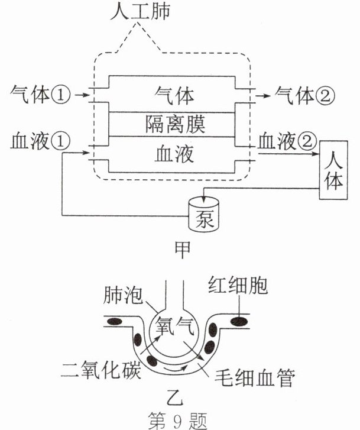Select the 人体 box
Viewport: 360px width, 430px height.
click(x=333, y=171)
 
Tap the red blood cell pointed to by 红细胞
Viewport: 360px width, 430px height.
click(x=239, y=321)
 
